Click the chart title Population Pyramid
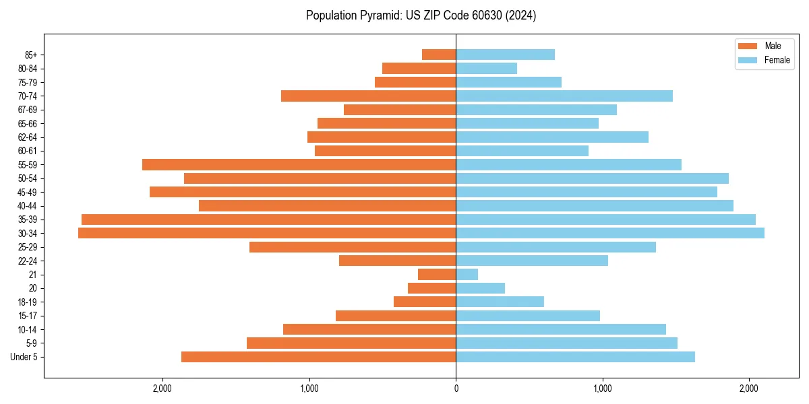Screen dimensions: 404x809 pos(421,15)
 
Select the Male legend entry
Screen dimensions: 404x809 pos(773,46)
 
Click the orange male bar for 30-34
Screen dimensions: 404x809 pos(267,233)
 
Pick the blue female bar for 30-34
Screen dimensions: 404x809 pos(610,233)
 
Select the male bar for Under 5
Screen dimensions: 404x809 pos(318,357)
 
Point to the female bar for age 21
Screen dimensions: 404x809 pos(467,274)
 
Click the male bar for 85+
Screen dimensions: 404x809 pos(439,55)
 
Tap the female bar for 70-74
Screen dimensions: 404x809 pos(564,96)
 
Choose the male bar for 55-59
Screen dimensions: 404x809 pos(299,164)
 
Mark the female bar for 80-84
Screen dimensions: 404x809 pos(487,68)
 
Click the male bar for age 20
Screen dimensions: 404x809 pos(432,288)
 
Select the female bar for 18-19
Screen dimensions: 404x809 pos(500,302)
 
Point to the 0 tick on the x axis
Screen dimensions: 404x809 pos(456,389)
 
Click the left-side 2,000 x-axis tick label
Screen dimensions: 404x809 pos(162,389)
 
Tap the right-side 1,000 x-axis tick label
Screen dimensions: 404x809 pos(603,389)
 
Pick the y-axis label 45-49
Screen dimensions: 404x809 pos(28,192)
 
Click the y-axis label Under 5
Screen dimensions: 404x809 pos(24,357)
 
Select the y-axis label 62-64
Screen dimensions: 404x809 pos(28,137)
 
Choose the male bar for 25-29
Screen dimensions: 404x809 pos(353,247)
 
